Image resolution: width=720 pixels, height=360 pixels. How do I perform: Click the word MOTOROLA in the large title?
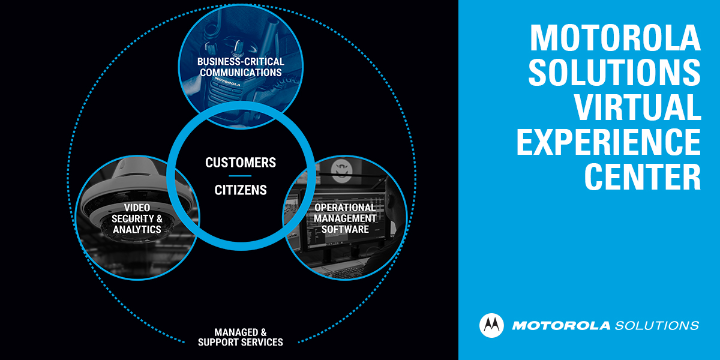[x=615, y=38]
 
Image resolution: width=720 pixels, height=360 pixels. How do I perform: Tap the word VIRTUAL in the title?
[x=638, y=107]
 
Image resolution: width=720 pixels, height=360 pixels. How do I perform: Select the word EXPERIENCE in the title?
[x=608, y=142]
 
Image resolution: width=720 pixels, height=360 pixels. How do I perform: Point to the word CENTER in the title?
[x=643, y=176]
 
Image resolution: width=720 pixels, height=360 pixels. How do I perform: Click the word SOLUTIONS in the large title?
[x=615, y=73]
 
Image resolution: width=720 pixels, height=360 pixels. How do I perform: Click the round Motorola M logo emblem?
[x=492, y=325]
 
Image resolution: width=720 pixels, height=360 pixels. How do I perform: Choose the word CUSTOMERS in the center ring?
[x=241, y=163]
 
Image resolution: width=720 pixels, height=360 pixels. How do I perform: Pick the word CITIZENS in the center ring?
[x=241, y=190]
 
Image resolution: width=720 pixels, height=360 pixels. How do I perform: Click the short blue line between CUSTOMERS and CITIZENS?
[x=241, y=176]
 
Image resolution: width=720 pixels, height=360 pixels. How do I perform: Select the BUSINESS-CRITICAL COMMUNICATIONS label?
[x=241, y=67]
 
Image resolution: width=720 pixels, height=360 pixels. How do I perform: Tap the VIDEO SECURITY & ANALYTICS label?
[x=137, y=218]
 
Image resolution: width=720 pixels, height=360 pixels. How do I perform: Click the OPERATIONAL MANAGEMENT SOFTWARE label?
[x=345, y=218]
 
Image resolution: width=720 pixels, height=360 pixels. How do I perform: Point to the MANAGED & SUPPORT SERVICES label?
[x=241, y=337]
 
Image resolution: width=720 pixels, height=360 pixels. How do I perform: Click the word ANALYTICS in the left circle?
[x=137, y=229]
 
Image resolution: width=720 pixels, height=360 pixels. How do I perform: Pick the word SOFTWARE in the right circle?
[x=345, y=229]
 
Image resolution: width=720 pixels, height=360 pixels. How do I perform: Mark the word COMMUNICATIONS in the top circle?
[x=241, y=73]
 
